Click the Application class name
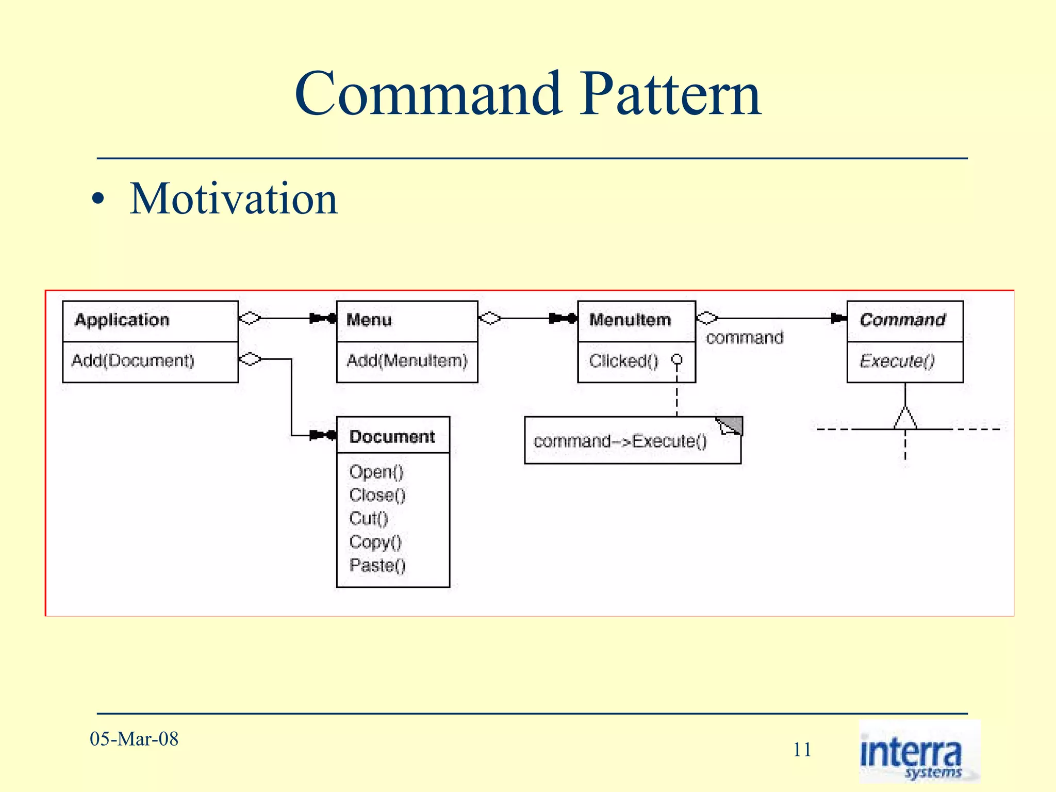(122, 320)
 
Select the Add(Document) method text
(133, 360)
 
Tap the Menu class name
(369, 320)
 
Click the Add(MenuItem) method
(406, 360)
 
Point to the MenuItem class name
(630, 320)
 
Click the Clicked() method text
(623, 361)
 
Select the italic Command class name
(902, 320)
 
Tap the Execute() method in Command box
(897, 361)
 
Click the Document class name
(392, 437)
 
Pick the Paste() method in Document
(377, 566)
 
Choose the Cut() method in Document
(368, 519)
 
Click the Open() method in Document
(376, 472)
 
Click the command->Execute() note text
(620, 441)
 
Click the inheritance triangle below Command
(905, 419)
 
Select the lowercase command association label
(744, 338)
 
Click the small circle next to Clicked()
(676, 359)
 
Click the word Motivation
(233, 199)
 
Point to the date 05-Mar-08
(134, 739)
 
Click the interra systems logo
(919, 752)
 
